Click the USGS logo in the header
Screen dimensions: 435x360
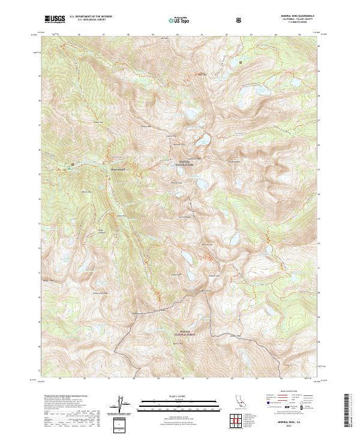pos(55,19)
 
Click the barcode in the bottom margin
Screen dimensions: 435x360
pos(348,411)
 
